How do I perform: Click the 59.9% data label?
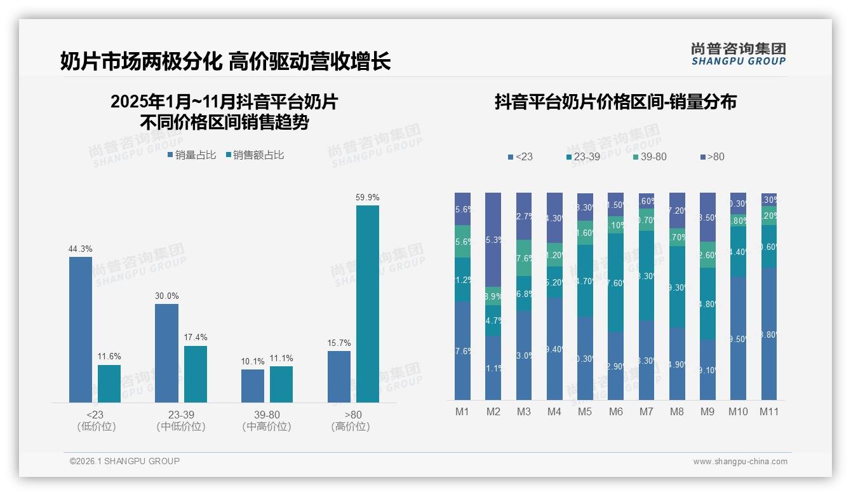367,198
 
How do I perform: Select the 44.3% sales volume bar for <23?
81,329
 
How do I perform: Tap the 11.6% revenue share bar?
109,383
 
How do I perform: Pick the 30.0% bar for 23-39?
166,353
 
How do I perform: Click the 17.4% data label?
196,337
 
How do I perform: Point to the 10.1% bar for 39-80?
253,385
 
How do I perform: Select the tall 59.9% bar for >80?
367,303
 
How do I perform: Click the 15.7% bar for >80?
339,376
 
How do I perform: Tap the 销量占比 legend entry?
192,155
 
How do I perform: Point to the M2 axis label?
493,411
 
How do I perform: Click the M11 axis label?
769,411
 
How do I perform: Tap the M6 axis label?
615,411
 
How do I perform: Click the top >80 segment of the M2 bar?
493,239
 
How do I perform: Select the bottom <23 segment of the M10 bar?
738,338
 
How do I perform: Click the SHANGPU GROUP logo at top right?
738,54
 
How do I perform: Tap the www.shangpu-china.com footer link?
740,462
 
